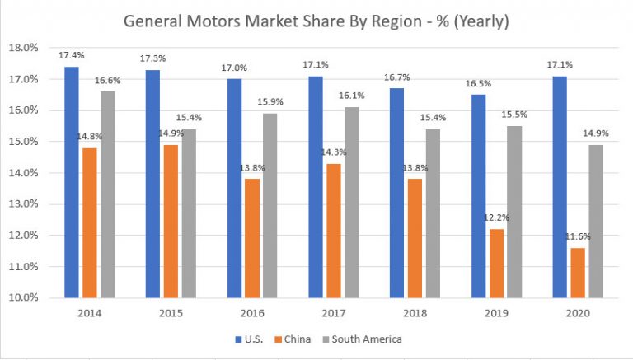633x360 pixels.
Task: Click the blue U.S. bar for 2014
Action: [x=72, y=182]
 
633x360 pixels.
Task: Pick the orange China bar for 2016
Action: [x=253, y=238]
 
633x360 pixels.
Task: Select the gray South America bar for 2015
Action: [x=190, y=213]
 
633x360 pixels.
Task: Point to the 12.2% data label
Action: [x=496, y=219]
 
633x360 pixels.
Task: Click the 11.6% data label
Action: [x=578, y=237]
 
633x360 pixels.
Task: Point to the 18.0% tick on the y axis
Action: [x=26, y=48]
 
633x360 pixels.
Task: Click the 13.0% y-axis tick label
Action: [x=26, y=204]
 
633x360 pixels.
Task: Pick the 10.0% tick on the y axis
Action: [x=26, y=298]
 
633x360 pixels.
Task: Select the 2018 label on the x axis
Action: [x=415, y=314]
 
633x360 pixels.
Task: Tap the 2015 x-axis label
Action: [x=171, y=314]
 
